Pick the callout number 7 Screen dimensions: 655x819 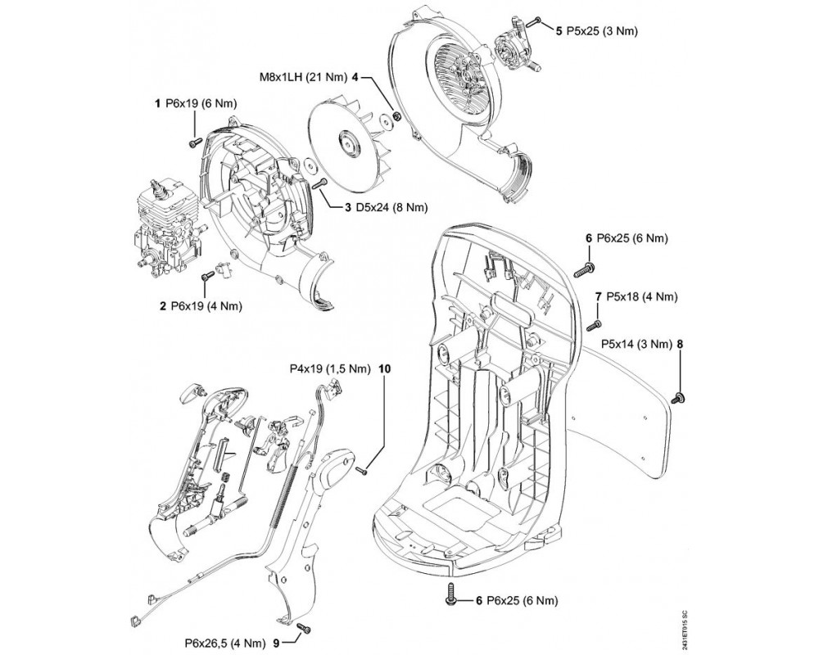600,295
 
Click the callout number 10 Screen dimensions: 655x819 385,368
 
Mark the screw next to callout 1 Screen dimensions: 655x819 194,143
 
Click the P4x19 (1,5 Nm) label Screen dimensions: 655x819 330,368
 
